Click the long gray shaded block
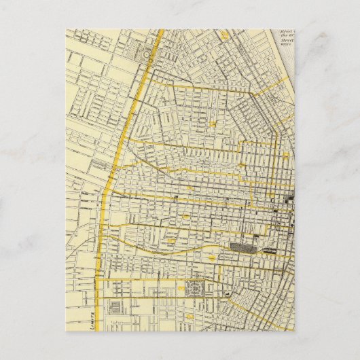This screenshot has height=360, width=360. coord(240,248)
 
